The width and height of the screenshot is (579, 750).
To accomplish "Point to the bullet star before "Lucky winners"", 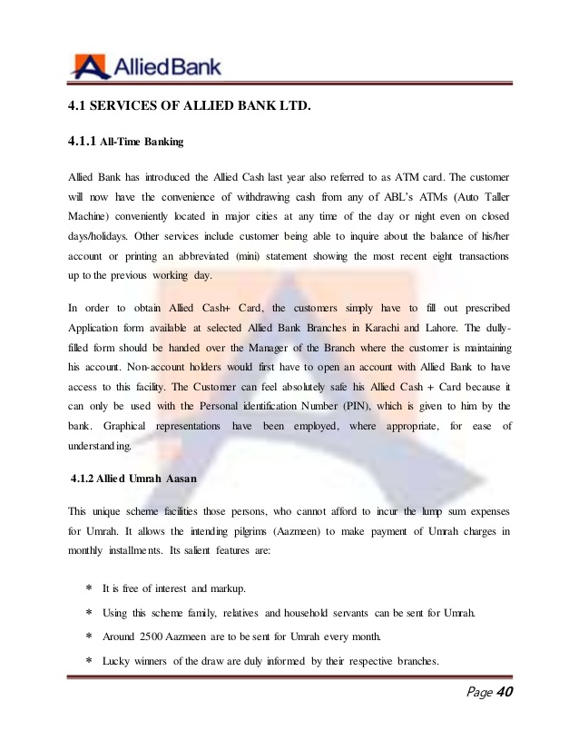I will [88, 661].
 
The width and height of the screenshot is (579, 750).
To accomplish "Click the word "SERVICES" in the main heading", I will [129, 107].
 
